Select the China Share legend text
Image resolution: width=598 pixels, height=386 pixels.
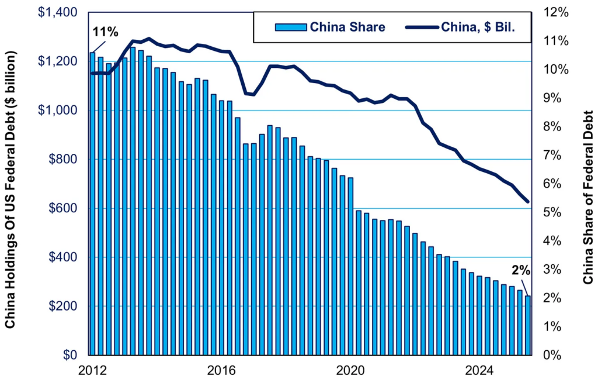coord(347,27)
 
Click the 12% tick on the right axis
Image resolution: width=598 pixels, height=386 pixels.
coord(550,12)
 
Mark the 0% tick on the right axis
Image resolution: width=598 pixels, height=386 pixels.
coord(547,355)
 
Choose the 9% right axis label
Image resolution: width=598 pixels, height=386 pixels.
coord(547,98)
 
